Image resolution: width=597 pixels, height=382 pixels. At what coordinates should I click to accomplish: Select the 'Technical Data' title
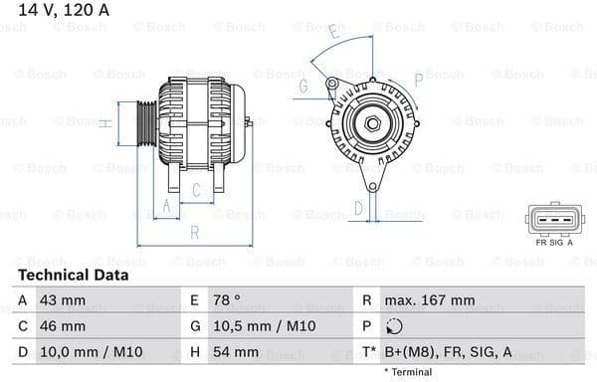[x=73, y=275]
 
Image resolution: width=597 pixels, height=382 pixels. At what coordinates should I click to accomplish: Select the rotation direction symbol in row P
[x=395, y=326]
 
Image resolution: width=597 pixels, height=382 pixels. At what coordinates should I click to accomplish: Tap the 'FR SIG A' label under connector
[x=554, y=242]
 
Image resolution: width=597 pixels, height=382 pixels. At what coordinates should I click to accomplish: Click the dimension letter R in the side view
[x=195, y=233]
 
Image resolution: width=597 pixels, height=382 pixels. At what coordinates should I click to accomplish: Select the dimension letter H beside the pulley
[x=102, y=123]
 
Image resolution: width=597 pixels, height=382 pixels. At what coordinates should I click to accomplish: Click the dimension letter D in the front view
[x=358, y=209]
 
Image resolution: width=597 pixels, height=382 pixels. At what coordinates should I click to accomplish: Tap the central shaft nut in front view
[x=371, y=122]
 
